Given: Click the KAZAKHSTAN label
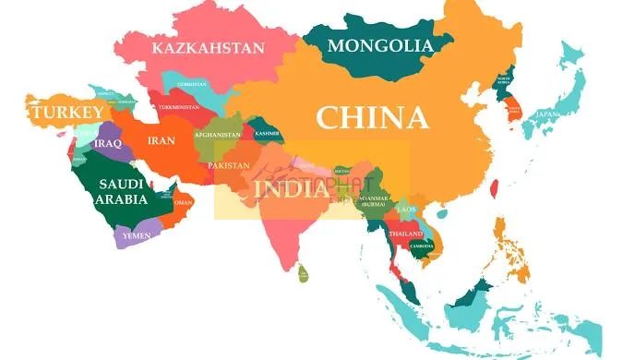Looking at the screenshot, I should tap(209, 48).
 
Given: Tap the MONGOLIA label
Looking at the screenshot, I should tap(380, 45).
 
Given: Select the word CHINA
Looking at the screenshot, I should tap(372, 117).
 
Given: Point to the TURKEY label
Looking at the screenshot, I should tap(66, 113).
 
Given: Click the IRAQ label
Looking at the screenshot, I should tap(108, 144).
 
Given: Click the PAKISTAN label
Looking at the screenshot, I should tap(229, 165).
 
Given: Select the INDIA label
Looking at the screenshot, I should tap(289, 188).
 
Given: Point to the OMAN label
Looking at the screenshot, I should tap(184, 202).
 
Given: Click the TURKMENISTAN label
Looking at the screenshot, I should tap(180, 107).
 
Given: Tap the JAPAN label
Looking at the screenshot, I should tap(548, 114).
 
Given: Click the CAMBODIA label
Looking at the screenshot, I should tap(423, 246).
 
